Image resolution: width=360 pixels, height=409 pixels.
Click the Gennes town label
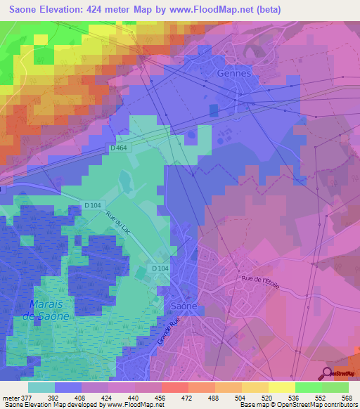[235, 73]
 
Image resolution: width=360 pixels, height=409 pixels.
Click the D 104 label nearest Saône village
[162, 269]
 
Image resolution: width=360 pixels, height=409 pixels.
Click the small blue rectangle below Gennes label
[214, 110]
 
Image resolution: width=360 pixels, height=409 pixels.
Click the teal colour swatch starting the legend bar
[41, 387]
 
